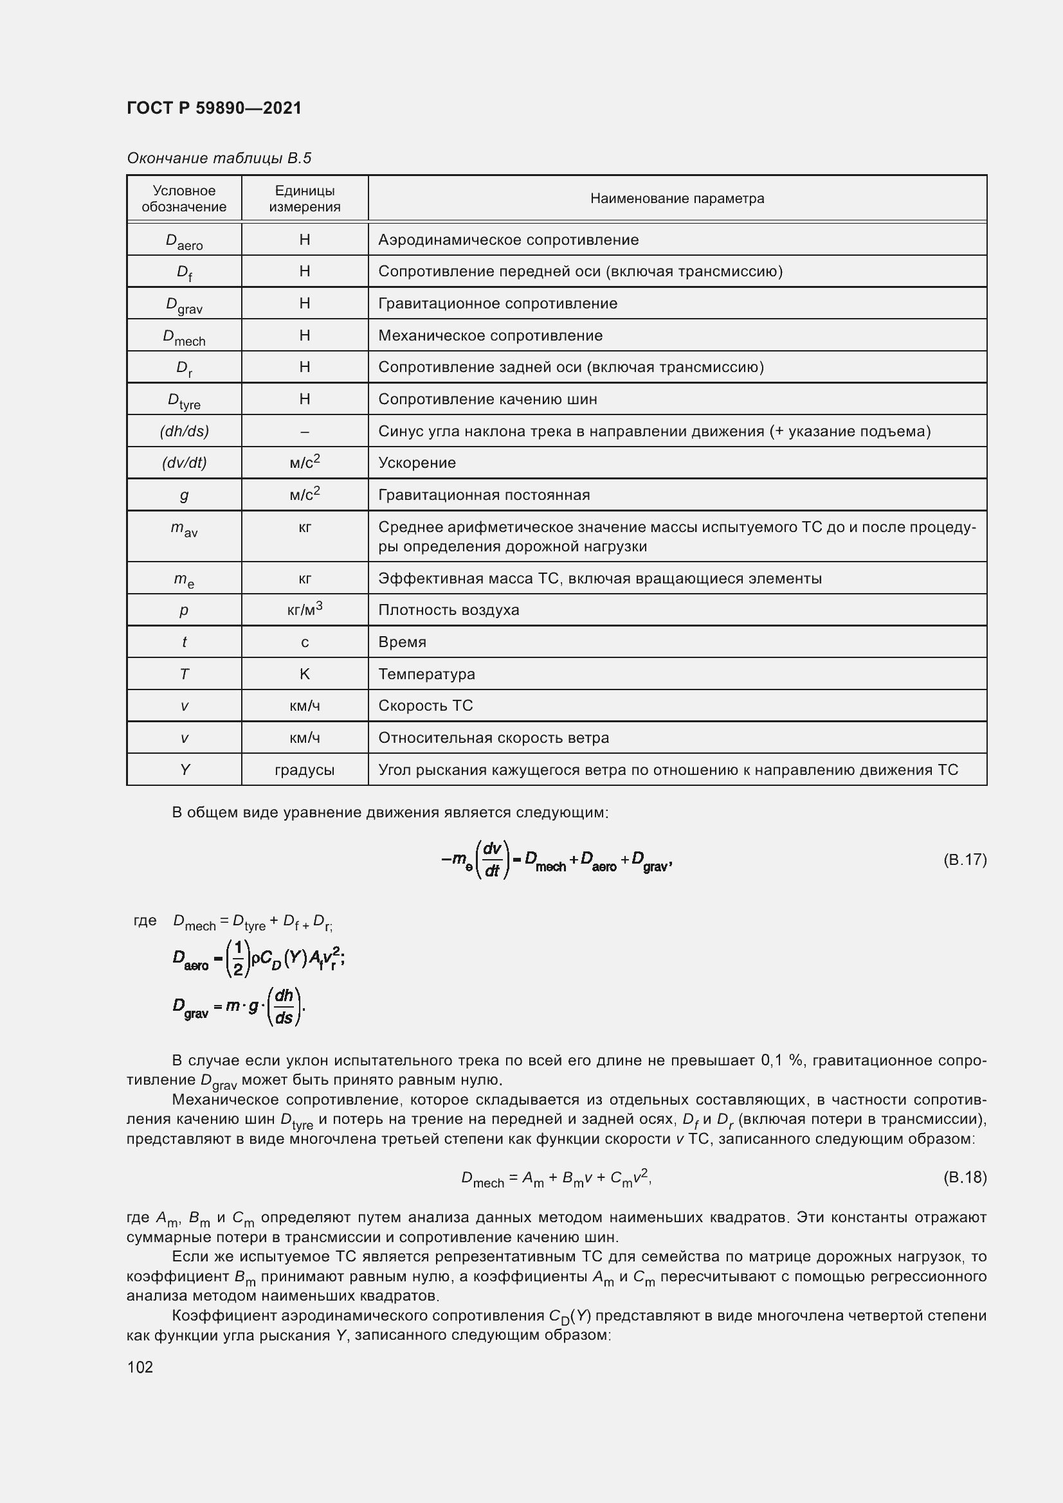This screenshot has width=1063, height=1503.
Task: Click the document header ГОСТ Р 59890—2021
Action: click(214, 108)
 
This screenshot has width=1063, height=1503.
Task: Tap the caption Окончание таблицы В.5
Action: click(219, 158)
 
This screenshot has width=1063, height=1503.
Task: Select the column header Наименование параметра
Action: click(677, 199)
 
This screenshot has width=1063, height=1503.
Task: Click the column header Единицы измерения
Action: click(305, 199)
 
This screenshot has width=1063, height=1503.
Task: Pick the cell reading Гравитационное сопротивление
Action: click(498, 303)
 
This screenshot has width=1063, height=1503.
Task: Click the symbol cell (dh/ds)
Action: click(184, 431)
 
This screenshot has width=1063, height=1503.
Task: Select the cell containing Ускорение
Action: click(417, 463)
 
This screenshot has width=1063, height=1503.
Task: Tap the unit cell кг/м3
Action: click(305, 609)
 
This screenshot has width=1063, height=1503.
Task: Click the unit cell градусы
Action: click(305, 770)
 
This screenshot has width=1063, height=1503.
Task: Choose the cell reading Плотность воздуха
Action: click(449, 610)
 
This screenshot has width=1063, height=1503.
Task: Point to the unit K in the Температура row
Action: click(305, 673)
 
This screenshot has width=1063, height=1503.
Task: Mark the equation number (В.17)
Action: click(964, 859)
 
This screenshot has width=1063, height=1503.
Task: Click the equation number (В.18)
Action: click(964, 1177)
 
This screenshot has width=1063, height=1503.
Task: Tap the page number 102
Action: click(140, 1367)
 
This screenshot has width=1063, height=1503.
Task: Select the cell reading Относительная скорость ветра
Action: click(493, 738)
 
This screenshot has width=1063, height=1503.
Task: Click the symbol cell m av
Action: click(184, 529)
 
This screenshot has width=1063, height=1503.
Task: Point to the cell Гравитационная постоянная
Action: click(484, 495)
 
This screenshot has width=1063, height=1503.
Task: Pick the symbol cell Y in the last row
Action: click(184, 770)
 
